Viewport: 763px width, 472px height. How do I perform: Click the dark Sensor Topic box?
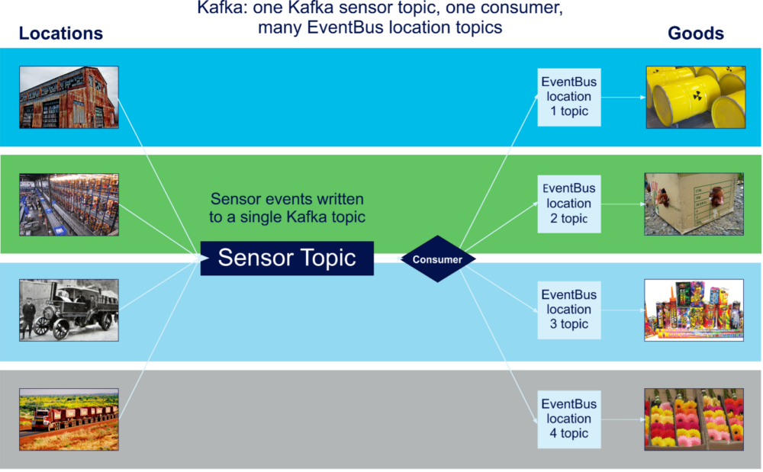287,258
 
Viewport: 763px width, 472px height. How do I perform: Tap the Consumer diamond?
437,259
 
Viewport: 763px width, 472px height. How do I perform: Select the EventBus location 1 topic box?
568,97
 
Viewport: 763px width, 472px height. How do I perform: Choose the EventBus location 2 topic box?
568,204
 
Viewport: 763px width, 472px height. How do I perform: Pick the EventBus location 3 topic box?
568,310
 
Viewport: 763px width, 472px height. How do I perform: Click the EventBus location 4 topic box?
568,419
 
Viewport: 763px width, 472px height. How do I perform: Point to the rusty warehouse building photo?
69,97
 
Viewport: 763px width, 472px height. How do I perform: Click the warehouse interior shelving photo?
69,204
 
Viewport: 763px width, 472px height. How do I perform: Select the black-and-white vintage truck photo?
69,310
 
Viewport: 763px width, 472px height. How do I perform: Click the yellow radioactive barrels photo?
694,97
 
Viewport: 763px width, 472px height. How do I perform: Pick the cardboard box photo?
694,204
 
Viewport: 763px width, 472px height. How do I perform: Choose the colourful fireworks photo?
694,310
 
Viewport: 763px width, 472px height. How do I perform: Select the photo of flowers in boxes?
694,419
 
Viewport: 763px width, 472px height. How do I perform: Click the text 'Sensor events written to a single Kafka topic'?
287,208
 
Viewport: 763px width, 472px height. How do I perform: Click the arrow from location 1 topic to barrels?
623,98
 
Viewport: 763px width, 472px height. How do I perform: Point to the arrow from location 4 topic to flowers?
623,419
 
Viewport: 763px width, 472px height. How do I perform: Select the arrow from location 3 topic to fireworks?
623,310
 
